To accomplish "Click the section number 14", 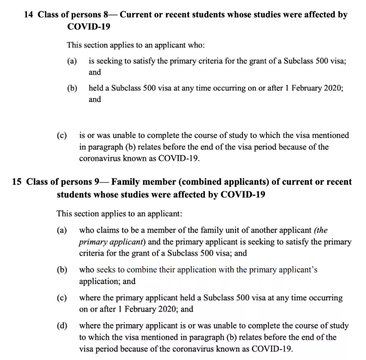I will [x=29, y=15].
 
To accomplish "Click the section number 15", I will [x=16, y=182].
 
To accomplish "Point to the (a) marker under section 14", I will [x=72, y=62].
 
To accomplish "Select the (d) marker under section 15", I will [x=62, y=324].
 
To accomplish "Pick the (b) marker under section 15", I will [x=62, y=269].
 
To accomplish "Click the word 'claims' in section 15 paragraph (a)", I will [x=109, y=230].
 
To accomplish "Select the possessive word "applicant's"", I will [x=297, y=269].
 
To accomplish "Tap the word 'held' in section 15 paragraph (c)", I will [x=176, y=297].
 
